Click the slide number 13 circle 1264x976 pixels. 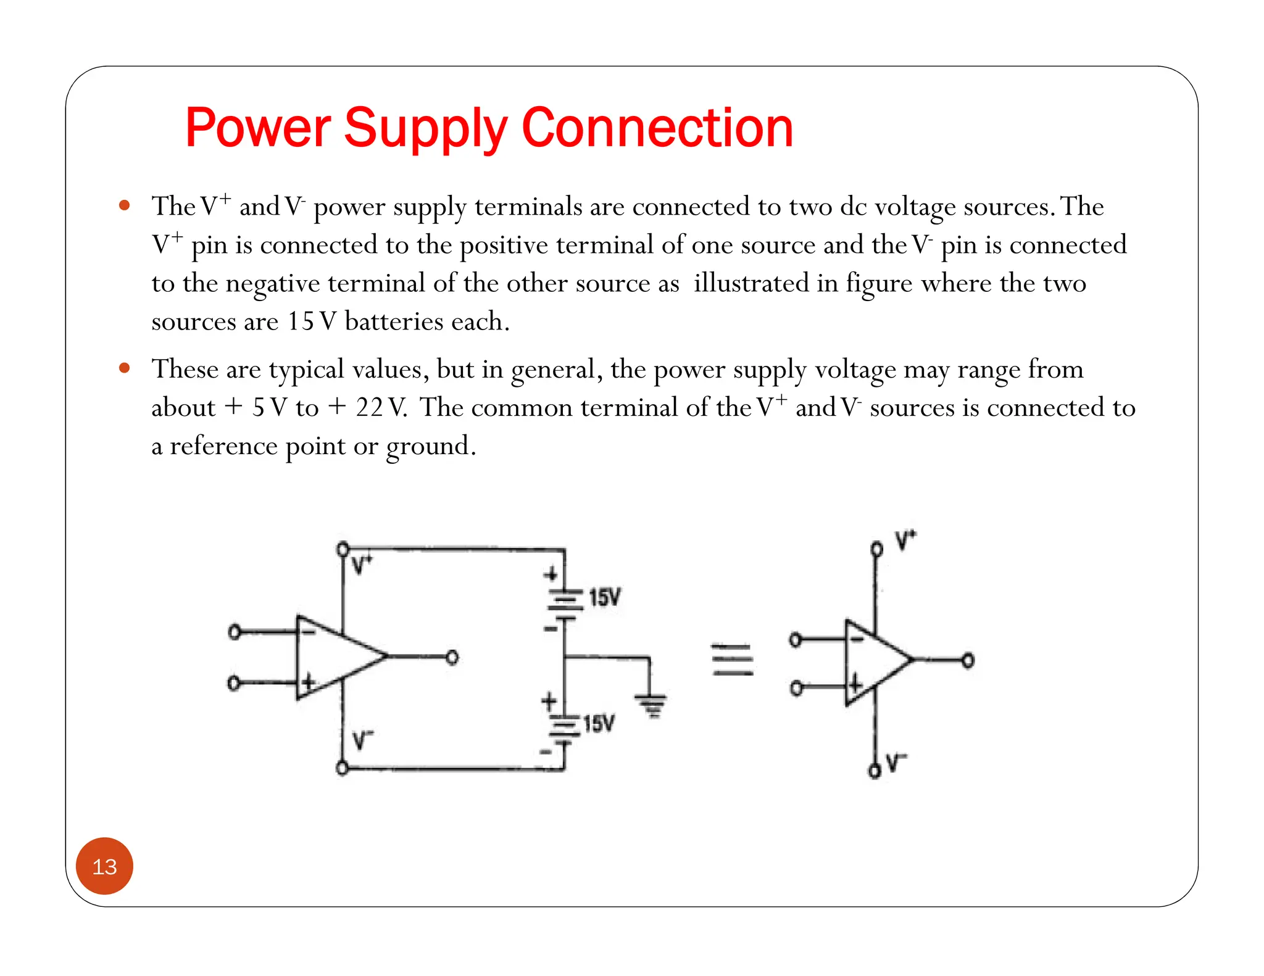click(x=104, y=866)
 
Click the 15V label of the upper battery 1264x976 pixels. click(x=605, y=597)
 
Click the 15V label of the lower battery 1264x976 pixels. click(x=599, y=723)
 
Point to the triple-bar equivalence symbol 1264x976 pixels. click(x=732, y=660)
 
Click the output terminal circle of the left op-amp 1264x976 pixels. click(x=452, y=658)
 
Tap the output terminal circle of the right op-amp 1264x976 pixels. click(x=968, y=661)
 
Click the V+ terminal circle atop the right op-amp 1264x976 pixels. click(x=876, y=549)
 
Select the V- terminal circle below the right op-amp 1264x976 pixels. click(x=875, y=771)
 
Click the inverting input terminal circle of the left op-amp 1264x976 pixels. click(x=234, y=632)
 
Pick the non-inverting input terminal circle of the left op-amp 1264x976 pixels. click(x=233, y=684)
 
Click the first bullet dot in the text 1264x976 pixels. click(x=125, y=205)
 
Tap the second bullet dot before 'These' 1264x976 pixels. click(x=125, y=368)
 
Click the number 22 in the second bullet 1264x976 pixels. click(x=370, y=407)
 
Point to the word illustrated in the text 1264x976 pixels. click(x=750, y=283)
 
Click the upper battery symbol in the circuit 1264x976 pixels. click(x=563, y=602)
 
